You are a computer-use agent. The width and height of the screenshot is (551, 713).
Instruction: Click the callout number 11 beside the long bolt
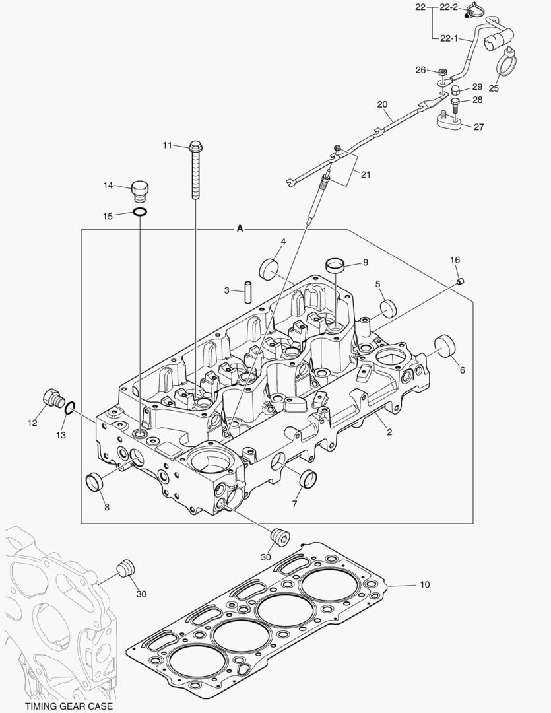tap(167, 145)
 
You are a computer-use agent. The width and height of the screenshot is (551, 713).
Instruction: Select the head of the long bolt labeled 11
tap(195, 146)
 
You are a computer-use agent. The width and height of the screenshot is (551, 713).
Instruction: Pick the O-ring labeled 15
tap(140, 213)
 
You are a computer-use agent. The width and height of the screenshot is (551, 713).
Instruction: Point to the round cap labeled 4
tap(269, 269)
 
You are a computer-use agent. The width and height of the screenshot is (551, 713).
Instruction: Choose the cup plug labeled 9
tap(336, 265)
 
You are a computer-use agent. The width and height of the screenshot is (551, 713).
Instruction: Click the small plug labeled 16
tap(461, 282)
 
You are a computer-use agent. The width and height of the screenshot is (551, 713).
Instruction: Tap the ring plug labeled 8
tap(96, 483)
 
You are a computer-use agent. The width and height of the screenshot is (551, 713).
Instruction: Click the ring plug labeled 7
tap(308, 478)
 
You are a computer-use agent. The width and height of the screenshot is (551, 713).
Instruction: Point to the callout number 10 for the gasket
tap(424, 585)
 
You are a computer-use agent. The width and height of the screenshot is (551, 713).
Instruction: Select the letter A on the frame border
tap(240, 229)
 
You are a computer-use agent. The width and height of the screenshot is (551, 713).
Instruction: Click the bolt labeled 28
tap(455, 102)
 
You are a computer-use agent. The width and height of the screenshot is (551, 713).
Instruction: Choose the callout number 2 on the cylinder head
tap(389, 432)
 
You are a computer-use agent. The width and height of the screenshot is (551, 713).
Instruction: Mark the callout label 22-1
tap(449, 38)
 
